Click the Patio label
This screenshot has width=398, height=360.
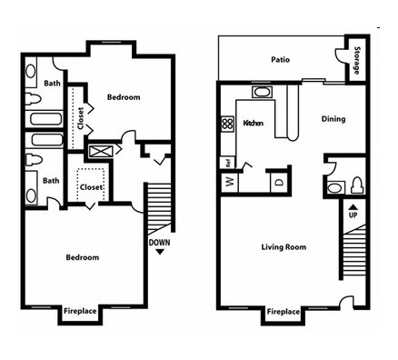coord(280,59)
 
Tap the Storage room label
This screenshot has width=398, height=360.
coord(357,60)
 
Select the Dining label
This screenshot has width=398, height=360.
coord(333,119)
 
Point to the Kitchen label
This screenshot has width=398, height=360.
coord(254,123)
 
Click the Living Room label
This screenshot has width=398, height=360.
coord(284,247)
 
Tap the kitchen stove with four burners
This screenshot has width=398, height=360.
coord(227,125)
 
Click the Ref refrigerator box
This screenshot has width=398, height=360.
coord(228,163)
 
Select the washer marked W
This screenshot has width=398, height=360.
coord(230,183)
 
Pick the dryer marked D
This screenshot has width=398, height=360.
coord(279,183)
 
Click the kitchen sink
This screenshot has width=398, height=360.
coord(263,92)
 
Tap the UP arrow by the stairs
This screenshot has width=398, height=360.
coord(353,207)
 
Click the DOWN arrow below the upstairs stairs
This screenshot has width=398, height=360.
coord(160,252)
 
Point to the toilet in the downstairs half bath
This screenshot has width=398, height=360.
coord(358,185)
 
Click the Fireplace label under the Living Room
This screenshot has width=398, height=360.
coord(284,312)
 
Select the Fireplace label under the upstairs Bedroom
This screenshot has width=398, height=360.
coord(80,311)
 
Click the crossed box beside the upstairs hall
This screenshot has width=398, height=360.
coord(102,152)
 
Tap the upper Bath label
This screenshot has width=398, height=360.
coord(52,83)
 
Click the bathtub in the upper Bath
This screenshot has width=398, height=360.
coord(46,119)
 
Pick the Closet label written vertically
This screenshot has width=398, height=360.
coord(81,118)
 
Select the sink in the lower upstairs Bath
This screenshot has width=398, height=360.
coord(31,195)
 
